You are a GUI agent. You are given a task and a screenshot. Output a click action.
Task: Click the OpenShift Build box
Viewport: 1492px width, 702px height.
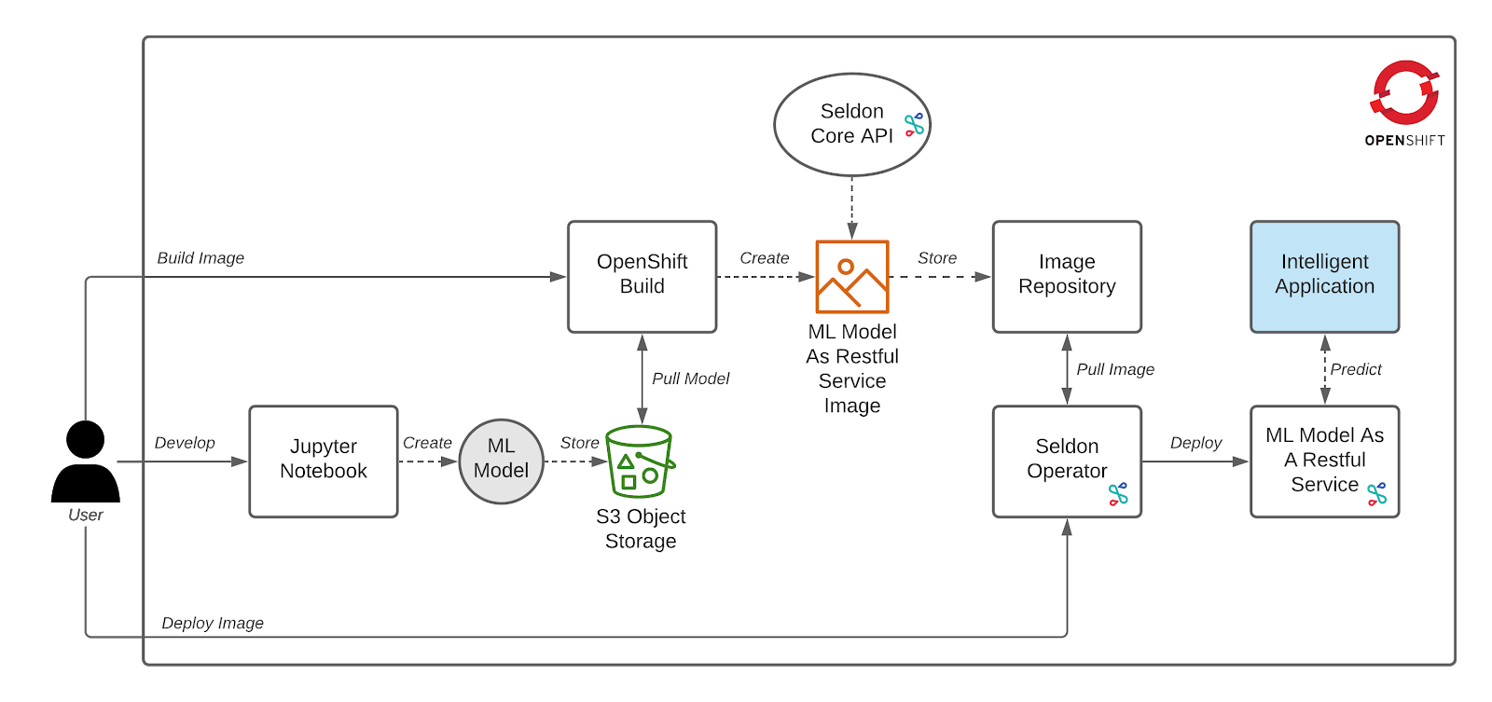click(642, 276)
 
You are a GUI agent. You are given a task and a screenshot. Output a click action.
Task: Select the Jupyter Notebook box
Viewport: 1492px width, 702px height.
click(323, 461)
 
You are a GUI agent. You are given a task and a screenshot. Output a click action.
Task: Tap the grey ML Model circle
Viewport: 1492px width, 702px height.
click(501, 461)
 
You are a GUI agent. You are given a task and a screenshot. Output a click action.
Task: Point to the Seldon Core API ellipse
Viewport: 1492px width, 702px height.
click(851, 124)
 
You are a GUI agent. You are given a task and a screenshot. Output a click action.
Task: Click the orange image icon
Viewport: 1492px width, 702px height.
click(851, 277)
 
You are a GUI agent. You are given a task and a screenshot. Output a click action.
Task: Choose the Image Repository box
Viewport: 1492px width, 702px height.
click(1067, 276)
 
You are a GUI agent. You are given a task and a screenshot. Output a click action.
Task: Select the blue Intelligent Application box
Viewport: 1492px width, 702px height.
click(1324, 276)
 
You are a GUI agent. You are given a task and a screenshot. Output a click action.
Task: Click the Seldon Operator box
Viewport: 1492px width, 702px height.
click(1067, 461)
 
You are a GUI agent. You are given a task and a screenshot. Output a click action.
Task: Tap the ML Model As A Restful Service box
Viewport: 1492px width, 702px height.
click(1324, 461)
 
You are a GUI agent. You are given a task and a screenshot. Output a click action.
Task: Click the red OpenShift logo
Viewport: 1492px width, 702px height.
click(1404, 92)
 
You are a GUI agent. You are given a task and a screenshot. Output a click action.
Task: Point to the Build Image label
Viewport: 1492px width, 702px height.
click(200, 258)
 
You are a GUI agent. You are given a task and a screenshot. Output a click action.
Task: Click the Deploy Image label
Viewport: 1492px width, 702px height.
click(213, 623)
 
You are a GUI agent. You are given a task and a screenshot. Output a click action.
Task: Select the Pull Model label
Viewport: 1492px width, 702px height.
click(690, 379)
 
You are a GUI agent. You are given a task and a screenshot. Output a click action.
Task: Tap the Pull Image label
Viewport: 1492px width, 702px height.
click(1115, 369)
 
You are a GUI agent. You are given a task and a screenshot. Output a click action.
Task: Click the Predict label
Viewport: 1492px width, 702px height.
click(1356, 369)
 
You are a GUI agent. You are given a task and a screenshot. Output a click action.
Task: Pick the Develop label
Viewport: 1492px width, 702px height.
click(185, 443)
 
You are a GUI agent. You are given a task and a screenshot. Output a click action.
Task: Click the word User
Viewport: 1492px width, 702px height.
click(86, 515)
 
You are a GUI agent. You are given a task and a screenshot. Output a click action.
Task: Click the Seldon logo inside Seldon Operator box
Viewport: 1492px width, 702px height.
click(1118, 494)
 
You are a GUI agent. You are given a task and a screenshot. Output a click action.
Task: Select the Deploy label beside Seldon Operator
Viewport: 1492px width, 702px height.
click(1195, 443)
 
